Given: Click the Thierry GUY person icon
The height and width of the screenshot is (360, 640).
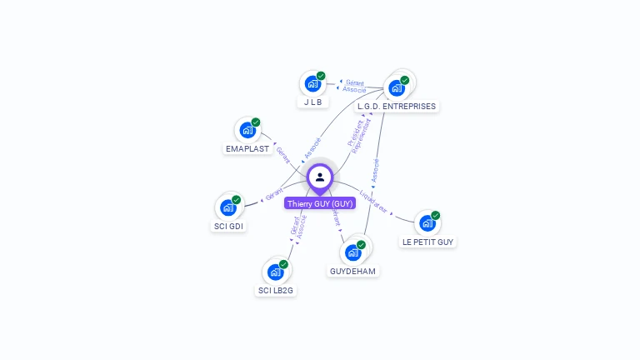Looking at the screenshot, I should click(x=320, y=177).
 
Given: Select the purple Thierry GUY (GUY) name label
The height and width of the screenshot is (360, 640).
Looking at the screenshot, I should click(x=320, y=203).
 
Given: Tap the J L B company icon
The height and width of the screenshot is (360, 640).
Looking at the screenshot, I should click(x=312, y=84).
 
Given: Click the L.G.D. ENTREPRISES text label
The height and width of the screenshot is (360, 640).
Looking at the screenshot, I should click(x=397, y=107).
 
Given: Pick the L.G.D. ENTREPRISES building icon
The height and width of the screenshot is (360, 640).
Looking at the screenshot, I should click(x=397, y=87).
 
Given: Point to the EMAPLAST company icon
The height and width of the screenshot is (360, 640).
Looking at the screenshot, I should click(x=247, y=130).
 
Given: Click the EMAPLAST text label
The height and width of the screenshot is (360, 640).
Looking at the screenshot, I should click(x=247, y=149).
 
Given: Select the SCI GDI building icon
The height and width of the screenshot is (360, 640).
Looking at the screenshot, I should click(x=227, y=207).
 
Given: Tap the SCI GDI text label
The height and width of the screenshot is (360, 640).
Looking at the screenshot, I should click(x=229, y=227).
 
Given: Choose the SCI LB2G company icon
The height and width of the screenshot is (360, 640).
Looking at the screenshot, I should click(x=275, y=272).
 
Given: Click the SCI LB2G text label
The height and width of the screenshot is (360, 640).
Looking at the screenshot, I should click(x=276, y=291).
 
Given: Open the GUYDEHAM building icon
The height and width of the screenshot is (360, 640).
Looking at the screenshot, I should click(x=352, y=252).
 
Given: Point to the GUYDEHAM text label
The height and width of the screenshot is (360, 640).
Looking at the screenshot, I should click(x=352, y=272).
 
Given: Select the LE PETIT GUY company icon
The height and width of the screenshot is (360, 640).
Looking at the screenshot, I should click(x=427, y=222).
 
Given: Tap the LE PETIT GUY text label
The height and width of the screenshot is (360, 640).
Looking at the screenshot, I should click(x=428, y=242).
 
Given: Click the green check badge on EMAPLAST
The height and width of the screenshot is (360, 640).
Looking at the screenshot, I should click(x=256, y=122).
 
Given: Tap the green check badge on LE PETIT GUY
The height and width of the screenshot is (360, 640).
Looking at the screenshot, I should click(x=436, y=215).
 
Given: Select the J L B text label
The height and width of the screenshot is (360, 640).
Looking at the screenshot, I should click(x=312, y=103).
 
